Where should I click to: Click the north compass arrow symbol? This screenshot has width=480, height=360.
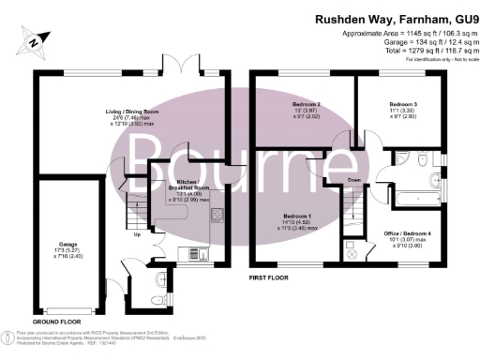coord(35,40)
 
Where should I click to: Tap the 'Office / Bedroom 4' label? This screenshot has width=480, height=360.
coord(408,232)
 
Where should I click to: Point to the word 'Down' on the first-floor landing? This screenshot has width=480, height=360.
coord(353,179)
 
